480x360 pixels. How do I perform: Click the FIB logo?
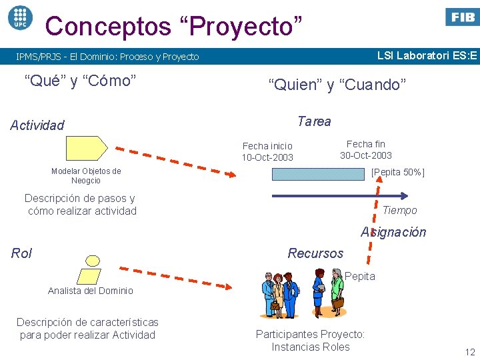click(x=461, y=17)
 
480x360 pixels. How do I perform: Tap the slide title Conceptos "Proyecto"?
click(x=173, y=27)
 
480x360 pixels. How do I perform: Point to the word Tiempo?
click(x=399, y=211)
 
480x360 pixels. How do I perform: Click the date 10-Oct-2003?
click(x=267, y=158)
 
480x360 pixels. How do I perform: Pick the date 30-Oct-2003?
click(x=366, y=155)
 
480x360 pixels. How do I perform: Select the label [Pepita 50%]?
click(x=398, y=173)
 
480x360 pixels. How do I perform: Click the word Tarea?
click(x=314, y=121)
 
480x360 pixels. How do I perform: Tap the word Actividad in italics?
click(x=37, y=125)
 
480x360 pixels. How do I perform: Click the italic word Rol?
click(x=21, y=253)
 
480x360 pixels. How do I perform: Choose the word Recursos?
click(x=315, y=253)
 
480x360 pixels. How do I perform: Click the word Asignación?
click(x=393, y=233)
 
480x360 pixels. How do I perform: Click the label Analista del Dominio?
click(x=91, y=291)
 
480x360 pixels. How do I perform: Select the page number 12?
click(x=469, y=352)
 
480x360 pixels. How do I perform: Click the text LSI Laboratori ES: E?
click(x=427, y=55)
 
